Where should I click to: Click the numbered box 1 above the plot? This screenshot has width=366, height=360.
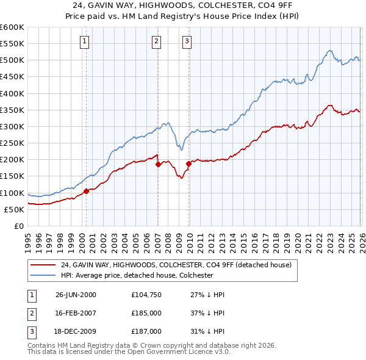pos(84,41)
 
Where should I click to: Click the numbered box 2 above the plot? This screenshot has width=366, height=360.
pos(157,41)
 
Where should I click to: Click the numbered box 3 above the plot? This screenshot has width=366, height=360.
pos(187,41)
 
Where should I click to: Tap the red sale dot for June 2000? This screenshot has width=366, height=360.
pos(86,191)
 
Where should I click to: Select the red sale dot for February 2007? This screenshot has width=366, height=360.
pos(158,164)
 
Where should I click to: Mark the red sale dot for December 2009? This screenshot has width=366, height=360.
pos(188,164)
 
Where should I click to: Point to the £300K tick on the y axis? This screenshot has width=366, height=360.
pos(12,126)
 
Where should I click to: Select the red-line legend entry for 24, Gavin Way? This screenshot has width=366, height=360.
pos(176,265)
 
